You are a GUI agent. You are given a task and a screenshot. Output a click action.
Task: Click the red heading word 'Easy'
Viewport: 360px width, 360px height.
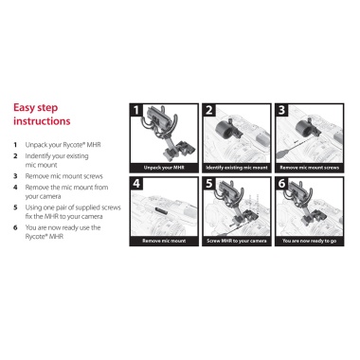pos(25,108)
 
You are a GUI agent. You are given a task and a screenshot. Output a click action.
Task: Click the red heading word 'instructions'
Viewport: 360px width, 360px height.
pos(42,121)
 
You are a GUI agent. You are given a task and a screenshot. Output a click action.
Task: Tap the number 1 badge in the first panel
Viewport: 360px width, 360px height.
pos(136,110)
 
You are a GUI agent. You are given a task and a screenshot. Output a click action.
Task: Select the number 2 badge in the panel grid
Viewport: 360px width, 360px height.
pos(209,110)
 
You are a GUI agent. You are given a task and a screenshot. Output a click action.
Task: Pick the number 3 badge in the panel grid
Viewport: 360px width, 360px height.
pos(281,110)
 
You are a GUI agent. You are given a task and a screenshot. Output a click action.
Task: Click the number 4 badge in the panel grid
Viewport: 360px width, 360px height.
pos(136,184)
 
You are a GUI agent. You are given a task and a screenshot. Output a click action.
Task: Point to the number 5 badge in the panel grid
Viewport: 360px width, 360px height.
pos(209,184)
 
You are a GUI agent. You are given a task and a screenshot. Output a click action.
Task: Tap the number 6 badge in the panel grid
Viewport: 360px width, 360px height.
pos(281,184)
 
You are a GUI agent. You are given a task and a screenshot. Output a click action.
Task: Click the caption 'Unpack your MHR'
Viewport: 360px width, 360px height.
pos(164,168)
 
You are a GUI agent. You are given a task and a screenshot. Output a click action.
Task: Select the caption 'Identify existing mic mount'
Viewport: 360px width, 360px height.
pos(237,168)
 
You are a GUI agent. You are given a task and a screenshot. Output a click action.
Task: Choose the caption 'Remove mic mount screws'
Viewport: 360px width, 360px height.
pos(310,168)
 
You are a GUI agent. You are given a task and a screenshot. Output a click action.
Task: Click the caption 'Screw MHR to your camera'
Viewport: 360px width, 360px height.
pos(237,241)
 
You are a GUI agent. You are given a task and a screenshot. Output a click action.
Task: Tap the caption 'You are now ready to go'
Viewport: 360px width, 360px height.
pos(310,241)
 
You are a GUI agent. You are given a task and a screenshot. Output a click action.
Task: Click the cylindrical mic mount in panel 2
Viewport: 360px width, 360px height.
pos(225,130)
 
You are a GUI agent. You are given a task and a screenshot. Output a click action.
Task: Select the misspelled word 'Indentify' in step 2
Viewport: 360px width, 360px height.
pos(37,156)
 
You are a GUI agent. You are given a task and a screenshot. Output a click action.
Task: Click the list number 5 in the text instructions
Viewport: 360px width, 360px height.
pos(15,207)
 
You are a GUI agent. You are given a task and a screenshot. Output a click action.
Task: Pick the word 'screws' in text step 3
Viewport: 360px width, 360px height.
pos(94,176)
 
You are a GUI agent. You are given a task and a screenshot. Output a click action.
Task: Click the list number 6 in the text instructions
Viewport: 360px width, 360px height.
pos(15,227)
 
